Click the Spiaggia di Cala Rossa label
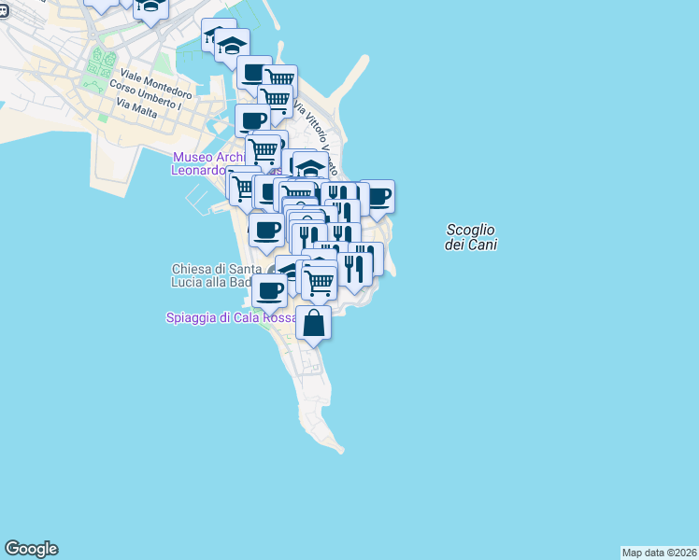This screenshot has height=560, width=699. pos(231,317)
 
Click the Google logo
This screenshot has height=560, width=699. pos(31,549)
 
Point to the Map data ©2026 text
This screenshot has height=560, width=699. pos(659,553)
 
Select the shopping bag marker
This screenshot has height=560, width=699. pos(314,323)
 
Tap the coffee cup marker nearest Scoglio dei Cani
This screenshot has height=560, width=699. pos(378,196)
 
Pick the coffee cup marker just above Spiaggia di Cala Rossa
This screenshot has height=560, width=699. pos(269,290)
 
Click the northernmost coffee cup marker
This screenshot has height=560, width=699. pos(254,72)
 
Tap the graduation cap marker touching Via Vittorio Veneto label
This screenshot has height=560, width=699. pos(310,168)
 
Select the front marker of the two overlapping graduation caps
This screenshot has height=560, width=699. pos(232,44)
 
